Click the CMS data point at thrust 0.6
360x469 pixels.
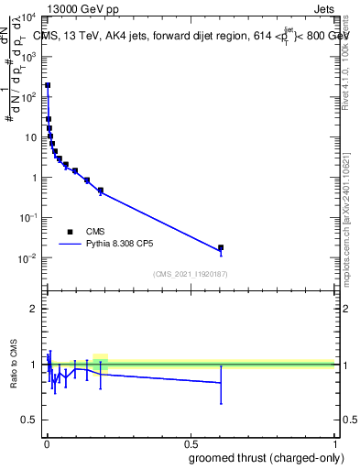(221, 247)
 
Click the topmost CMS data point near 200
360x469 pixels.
(48, 85)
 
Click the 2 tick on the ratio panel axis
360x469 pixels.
(35, 309)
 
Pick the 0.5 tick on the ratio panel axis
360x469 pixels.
(31, 420)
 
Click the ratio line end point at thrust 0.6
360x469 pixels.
(221, 382)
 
